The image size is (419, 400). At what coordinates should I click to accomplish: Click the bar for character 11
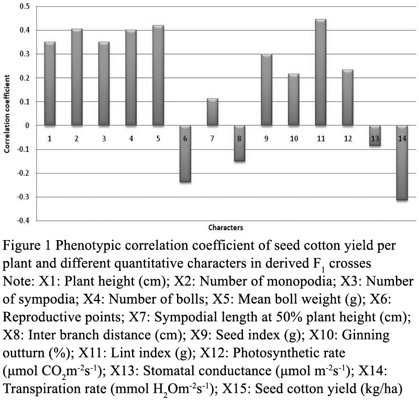[x=321, y=72]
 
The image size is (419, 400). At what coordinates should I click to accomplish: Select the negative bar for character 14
[x=402, y=163]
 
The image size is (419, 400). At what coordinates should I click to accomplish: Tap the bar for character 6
[x=185, y=154]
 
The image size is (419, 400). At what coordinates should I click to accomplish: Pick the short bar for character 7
[x=213, y=112]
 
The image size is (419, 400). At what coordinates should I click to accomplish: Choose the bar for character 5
[x=158, y=75]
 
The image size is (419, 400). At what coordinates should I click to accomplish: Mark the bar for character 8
[x=239, y=144]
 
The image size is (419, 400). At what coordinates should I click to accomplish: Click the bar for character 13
[x=375, y=136]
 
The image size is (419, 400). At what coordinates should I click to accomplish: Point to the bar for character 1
[x=50, y=84]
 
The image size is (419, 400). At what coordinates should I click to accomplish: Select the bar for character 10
[x=294, y=100]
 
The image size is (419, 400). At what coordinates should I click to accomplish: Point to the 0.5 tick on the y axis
[x=25, y=6]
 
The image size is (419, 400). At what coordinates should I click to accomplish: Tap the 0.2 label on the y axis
[x=25, y=78]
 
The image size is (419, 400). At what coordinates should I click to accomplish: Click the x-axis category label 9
[x=266, y=138]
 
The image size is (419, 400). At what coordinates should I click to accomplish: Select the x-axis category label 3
[x=104, y=138]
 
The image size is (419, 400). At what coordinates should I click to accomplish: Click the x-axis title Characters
[x=226, y=228]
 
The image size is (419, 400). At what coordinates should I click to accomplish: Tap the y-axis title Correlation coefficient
[x=7, y=114]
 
